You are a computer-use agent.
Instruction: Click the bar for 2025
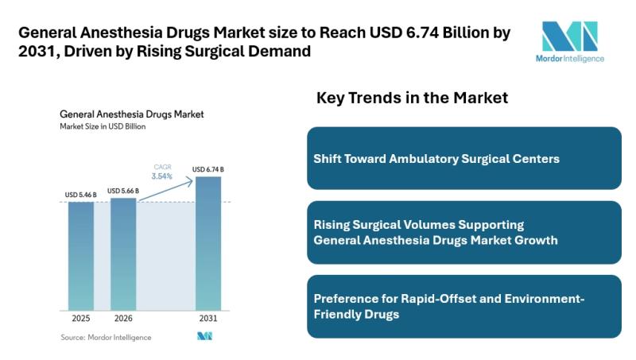tap(81, 256)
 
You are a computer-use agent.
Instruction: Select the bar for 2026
tap(123, 254)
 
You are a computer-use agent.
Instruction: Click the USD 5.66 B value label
tap(123, 191)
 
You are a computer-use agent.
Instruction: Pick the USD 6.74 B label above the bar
tap(208, 169)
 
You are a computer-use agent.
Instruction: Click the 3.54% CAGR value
tap(163, 176)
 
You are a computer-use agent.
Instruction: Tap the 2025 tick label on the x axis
tap(81, 318)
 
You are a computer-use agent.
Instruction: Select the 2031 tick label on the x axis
tap(208, 318)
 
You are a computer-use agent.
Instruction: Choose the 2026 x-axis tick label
tap(123, 318)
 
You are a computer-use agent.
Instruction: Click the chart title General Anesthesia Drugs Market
tap(132, 114)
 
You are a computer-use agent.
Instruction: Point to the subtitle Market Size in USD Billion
tap(103, 126)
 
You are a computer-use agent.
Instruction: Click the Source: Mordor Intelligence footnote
tap(106, 337)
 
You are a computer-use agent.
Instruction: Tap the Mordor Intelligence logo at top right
tap(568, 41)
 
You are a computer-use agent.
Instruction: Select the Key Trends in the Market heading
tap(412, 98)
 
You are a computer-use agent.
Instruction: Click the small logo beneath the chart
tap(205, 336)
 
